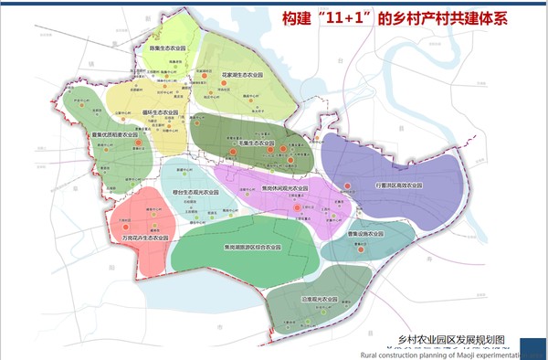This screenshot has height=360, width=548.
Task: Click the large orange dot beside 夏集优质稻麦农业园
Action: [137, 143]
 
